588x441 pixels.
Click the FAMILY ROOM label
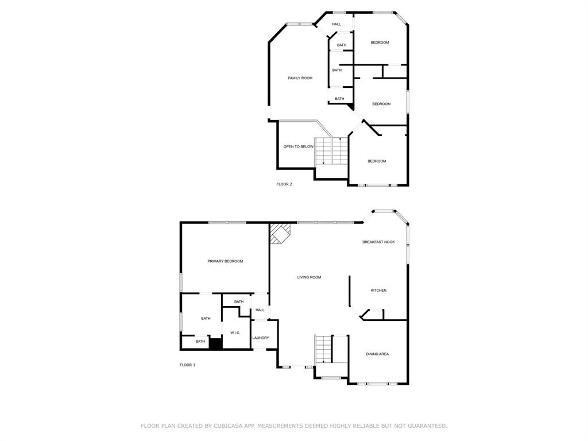[300, 78]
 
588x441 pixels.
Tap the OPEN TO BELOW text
[299, 146]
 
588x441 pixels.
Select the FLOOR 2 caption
[284, 184]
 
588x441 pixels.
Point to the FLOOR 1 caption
[187, 365]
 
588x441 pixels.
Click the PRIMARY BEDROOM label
[225, 261]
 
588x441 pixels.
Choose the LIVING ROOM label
[309, 277]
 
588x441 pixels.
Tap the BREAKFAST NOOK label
[378, 242]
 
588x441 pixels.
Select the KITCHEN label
[378, 291]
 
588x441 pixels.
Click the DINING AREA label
[377, 354]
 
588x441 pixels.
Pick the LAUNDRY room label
[261, 338]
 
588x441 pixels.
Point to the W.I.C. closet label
[235, 333]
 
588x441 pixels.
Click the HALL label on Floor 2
[336, 24]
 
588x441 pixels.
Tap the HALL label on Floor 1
[260, 310]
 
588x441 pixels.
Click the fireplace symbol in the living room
[280, 234]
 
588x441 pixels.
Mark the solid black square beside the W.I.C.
[215, 343]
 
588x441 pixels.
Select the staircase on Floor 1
[323, 349]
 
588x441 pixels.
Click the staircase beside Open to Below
[332, 151]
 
